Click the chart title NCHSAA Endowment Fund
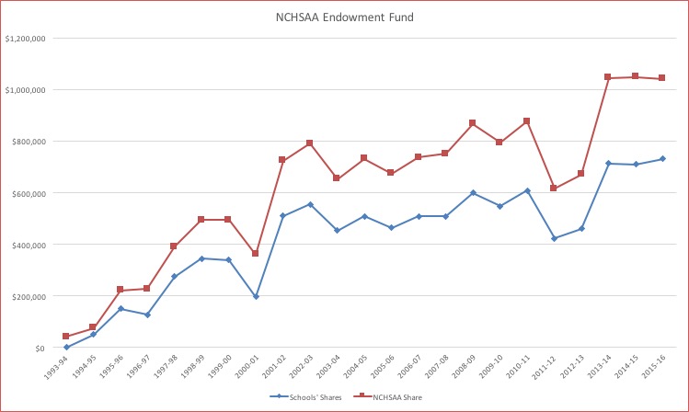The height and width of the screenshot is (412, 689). tap(345, 16)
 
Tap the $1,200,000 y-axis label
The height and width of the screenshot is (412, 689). tap(26, 39)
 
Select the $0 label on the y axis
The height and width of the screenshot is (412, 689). tap(38, 348)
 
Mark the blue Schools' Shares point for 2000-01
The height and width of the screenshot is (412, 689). tap(256, 296)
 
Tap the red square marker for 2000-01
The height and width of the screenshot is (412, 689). tap(256, 253)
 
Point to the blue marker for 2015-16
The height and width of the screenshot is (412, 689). tap(661, 159)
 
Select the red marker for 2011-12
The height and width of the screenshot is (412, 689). tap(553, 189)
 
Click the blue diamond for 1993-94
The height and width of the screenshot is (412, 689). tap(66, 347)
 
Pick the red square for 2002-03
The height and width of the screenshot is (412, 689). tap(309, 143)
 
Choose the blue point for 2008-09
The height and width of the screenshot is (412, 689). tap(472, 193)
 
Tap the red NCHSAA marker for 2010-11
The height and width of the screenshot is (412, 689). tap(526, 121)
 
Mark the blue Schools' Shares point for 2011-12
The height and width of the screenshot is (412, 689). tap(553, 238)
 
